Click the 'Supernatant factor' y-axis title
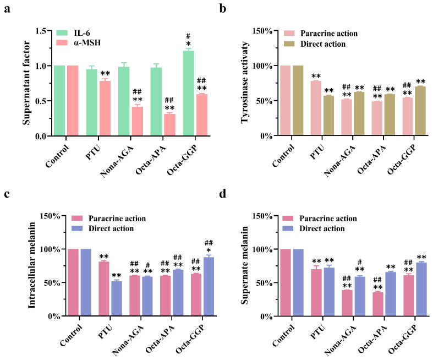(25, 83)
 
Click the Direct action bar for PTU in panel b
(328, 116)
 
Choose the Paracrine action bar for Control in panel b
(285, 101)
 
